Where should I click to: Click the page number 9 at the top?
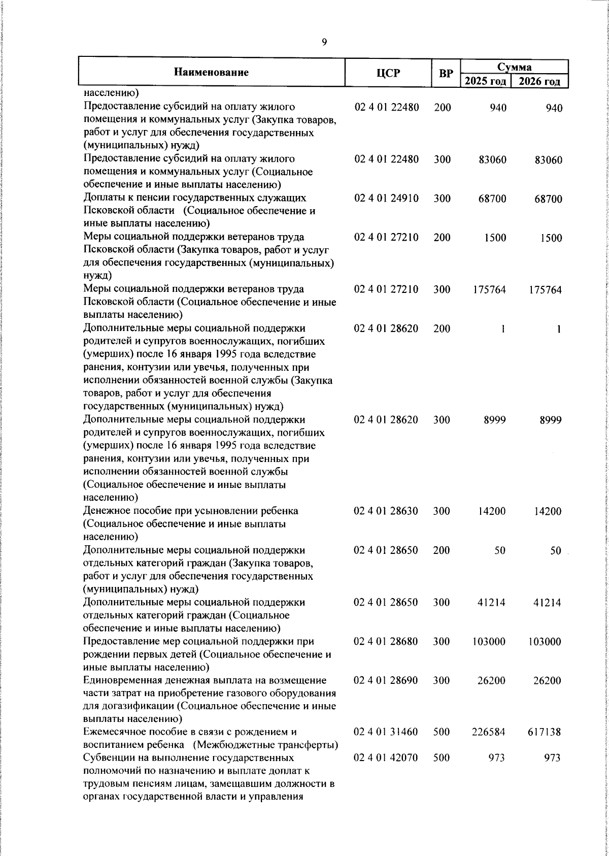point(324,42)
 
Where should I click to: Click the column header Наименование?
point(211,72)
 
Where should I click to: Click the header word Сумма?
point(514,67)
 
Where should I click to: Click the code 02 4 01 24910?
point(386,199)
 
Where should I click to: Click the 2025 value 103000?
point(489,642)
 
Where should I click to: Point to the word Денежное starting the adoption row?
point(106,511)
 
